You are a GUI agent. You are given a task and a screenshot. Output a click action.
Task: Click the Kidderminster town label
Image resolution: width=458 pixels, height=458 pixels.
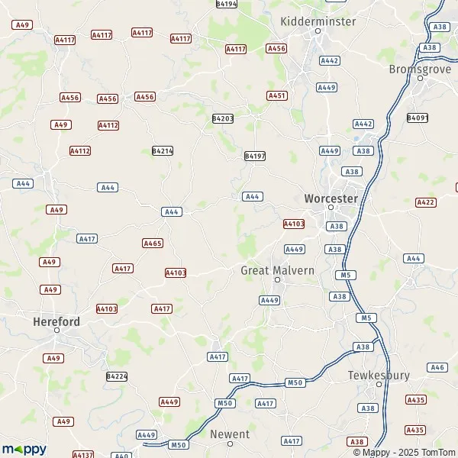tap(318, 21)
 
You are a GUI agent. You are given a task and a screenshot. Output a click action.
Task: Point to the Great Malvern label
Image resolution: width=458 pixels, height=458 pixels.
tap(277, 270)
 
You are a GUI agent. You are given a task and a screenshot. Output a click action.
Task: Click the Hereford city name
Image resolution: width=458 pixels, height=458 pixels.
tap(56, 321)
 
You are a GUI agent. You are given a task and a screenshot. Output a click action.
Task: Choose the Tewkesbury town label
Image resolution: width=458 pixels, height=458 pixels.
tap(379, 375)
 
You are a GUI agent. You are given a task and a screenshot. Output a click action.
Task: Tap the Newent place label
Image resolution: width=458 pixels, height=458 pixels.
tap(230, 434)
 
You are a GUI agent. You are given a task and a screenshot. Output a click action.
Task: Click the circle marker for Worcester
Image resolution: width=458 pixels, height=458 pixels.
tap(331, 207)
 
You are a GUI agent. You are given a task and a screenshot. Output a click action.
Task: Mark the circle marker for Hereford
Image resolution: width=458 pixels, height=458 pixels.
tap(56, 331)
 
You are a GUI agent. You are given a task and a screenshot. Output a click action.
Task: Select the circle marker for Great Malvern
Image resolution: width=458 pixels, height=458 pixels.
tap(278, 279)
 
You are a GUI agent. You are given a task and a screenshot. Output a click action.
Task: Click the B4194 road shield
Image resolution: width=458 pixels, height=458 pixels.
tap(227, 4)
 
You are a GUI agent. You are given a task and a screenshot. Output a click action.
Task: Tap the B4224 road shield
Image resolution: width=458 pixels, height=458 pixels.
tap(117, 376)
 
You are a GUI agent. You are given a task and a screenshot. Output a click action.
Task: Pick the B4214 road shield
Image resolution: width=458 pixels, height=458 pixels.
tap(163, 151)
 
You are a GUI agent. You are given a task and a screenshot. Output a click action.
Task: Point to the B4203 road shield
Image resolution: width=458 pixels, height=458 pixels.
tap(223, 118)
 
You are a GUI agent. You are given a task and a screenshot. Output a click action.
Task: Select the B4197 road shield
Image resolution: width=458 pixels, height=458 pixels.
tap(255, 156)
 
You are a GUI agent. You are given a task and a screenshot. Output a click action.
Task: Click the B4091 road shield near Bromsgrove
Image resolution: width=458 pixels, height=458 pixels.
tap(418, 118)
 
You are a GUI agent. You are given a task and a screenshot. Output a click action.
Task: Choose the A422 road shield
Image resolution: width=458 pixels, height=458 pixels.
tap(425, 202)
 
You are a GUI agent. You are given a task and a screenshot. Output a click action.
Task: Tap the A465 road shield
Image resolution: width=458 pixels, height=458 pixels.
tap(153, 243)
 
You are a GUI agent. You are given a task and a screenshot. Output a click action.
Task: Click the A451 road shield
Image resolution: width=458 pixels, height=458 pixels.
tap(277, 95)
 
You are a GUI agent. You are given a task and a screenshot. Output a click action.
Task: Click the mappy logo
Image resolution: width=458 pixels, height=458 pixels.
tap(24, 449)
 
